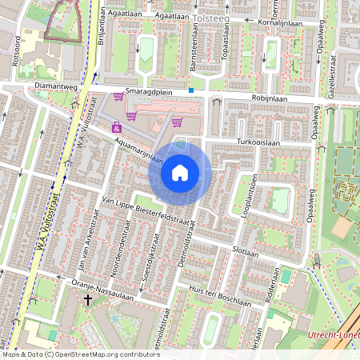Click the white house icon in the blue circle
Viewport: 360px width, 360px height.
tap(180, 172)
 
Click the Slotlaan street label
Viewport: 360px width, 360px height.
tap(245, 251)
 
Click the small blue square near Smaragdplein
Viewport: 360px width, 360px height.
tap(191, 90)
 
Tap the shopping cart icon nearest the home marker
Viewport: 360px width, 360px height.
tap(178, 122)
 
